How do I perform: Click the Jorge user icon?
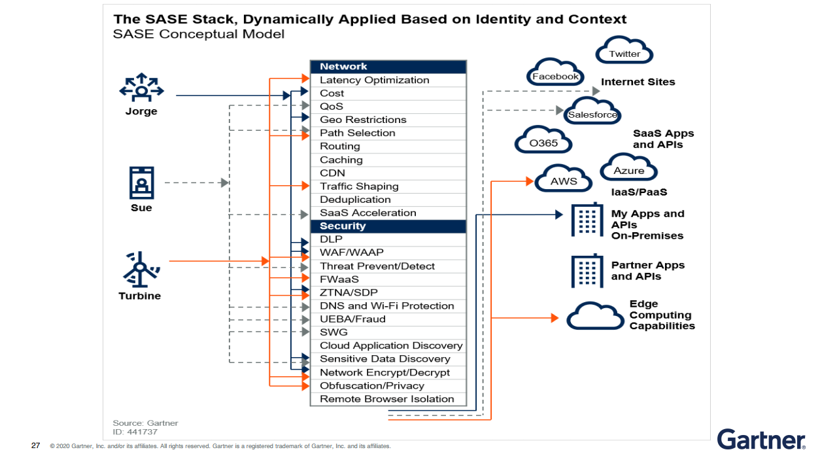[x=141, y=88]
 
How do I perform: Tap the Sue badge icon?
[x=141, y=183]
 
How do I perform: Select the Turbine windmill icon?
[x=140, y=268]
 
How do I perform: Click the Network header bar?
[x=388, y=67]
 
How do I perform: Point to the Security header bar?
[x=388, y=226]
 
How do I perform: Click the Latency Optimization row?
[x=388, y=80]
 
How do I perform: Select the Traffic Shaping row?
[x=388, y=186]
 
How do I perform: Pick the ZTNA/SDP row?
[x=388, y=292]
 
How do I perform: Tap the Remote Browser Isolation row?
[x=388, y=399]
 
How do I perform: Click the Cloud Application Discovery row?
[x=388, y=345]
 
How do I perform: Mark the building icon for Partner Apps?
[x=587, y=270]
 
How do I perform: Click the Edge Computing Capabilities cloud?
[x=595, y=316]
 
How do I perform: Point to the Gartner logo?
[x=761, y=439]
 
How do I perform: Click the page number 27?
[x=36, y=446]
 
